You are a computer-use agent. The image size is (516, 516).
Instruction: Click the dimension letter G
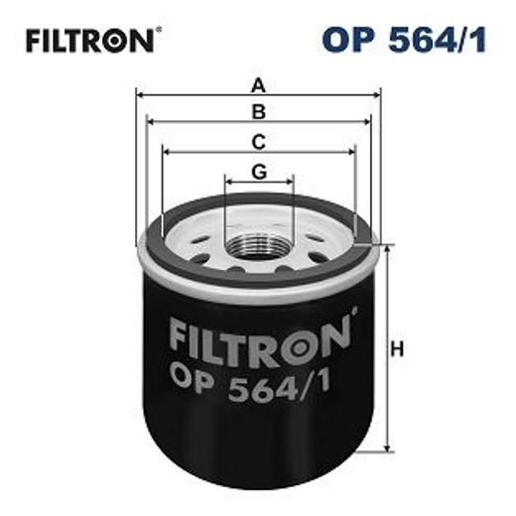(x=259, y=171)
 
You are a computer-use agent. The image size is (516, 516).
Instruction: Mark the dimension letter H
(x=398, y=348)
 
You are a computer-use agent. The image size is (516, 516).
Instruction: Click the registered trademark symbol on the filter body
(x=348, y=319)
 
